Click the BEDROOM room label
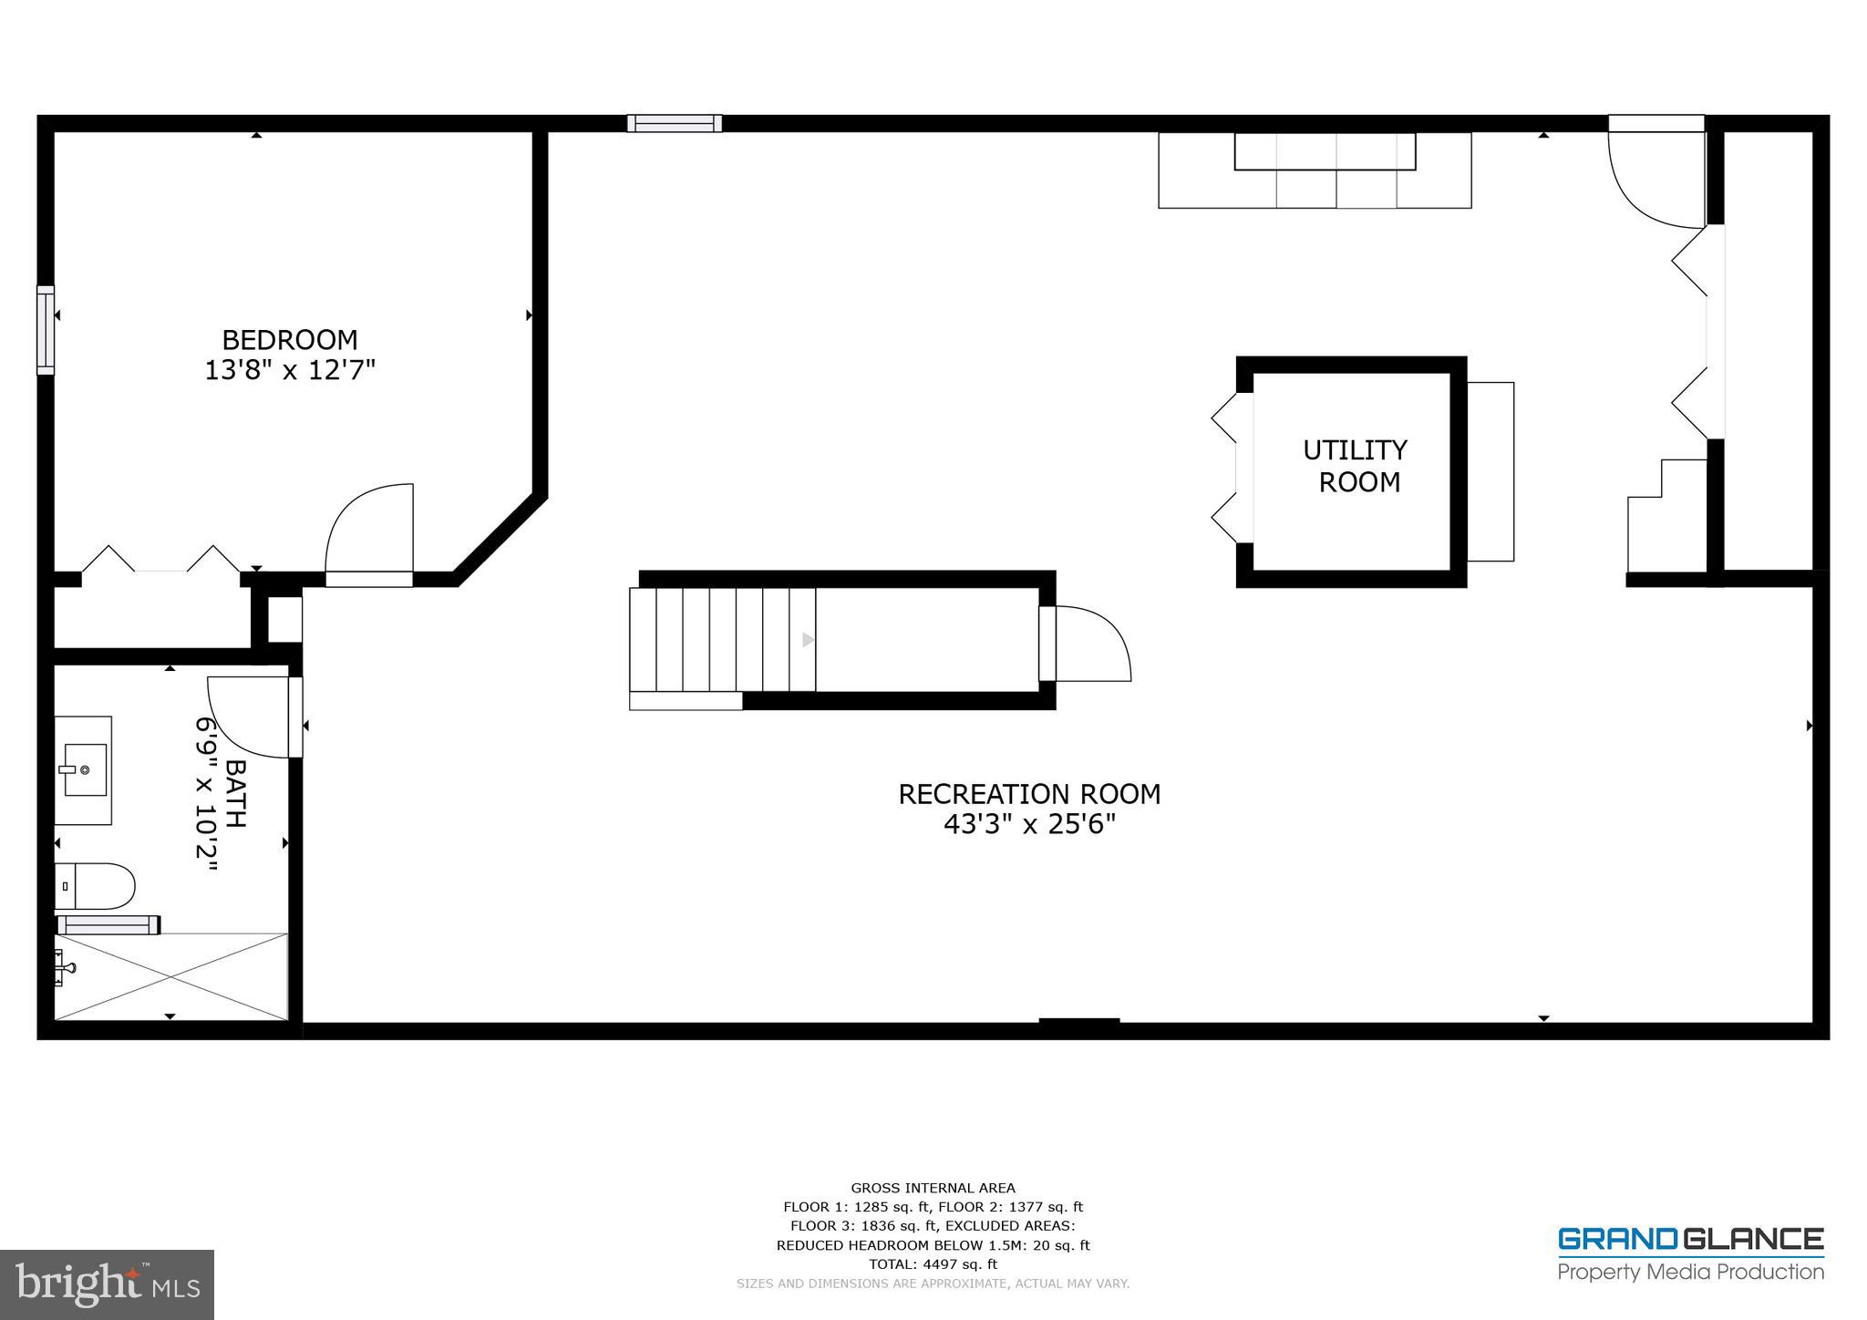click(x=290, y=340)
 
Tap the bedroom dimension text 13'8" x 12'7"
click(x=290, y=371)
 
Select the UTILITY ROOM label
click(x=1356, y=466)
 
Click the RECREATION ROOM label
click(x=1029, y=794)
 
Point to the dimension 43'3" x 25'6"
click(x=1029, y=825)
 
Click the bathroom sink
click(x=83, y=770)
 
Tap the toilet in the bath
click(x=95, y=886)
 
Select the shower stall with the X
click(x=171, y=976)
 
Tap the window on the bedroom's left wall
click(x=45, y=329)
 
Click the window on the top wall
click(x=675, y=123)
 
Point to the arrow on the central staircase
click(x=808, y=640)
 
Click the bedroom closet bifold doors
click(x=161, y=560)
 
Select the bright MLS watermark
click(x=107, y=1284)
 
